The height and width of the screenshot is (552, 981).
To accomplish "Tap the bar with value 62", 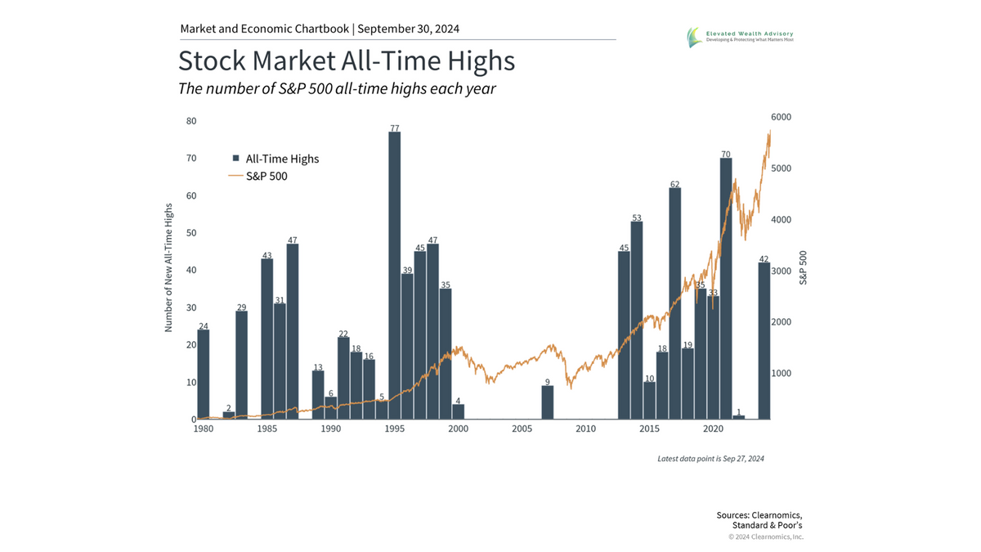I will click(x=674, y=303).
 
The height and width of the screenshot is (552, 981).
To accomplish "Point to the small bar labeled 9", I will click(x=548, y=402).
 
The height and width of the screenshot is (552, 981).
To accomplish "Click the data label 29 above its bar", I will click(x=241, y=307).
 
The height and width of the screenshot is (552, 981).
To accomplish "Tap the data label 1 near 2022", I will click(x=738, y=411).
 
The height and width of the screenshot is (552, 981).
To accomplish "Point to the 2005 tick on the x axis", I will click(x=522, y=429).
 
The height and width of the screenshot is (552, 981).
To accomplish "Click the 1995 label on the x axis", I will click(x=394, y=429).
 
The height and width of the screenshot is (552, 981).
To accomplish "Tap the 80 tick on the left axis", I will click(x=190, y=121).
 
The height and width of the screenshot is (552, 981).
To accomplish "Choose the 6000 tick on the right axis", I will click(x=782, y=118).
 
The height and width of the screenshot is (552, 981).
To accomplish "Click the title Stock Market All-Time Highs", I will click(x=347, y=62).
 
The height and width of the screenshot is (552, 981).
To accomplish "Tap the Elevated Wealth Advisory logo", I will click(x=739, y=37).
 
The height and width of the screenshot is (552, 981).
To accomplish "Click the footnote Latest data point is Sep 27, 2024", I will click(x=710, y=459).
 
